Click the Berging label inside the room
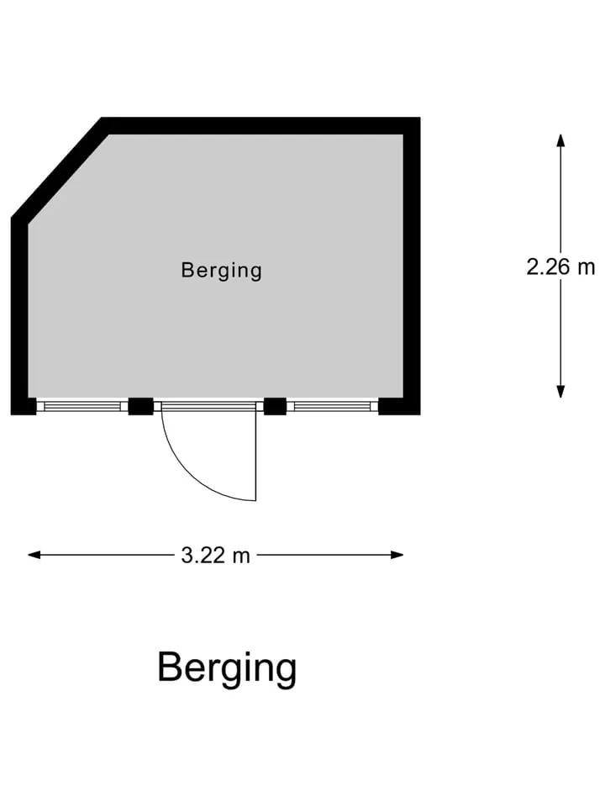pos(221,270)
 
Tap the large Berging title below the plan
pos(227,668)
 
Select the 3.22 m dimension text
pos(216,556)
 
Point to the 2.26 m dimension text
pos(560,266)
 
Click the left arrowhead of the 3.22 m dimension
pos(34,555)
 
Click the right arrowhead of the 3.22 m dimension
pos(397,555)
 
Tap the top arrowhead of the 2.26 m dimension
pos(560,140)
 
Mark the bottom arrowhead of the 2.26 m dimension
pos(560,392)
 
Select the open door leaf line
pos(255,456)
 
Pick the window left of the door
pos(82,407)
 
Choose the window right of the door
pos(333,407)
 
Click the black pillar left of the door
pos(141,407)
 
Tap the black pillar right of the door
pos(276,407)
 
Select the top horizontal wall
pos(260,126)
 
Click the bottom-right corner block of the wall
pos(400,407)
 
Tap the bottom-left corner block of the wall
pos(24,407)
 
